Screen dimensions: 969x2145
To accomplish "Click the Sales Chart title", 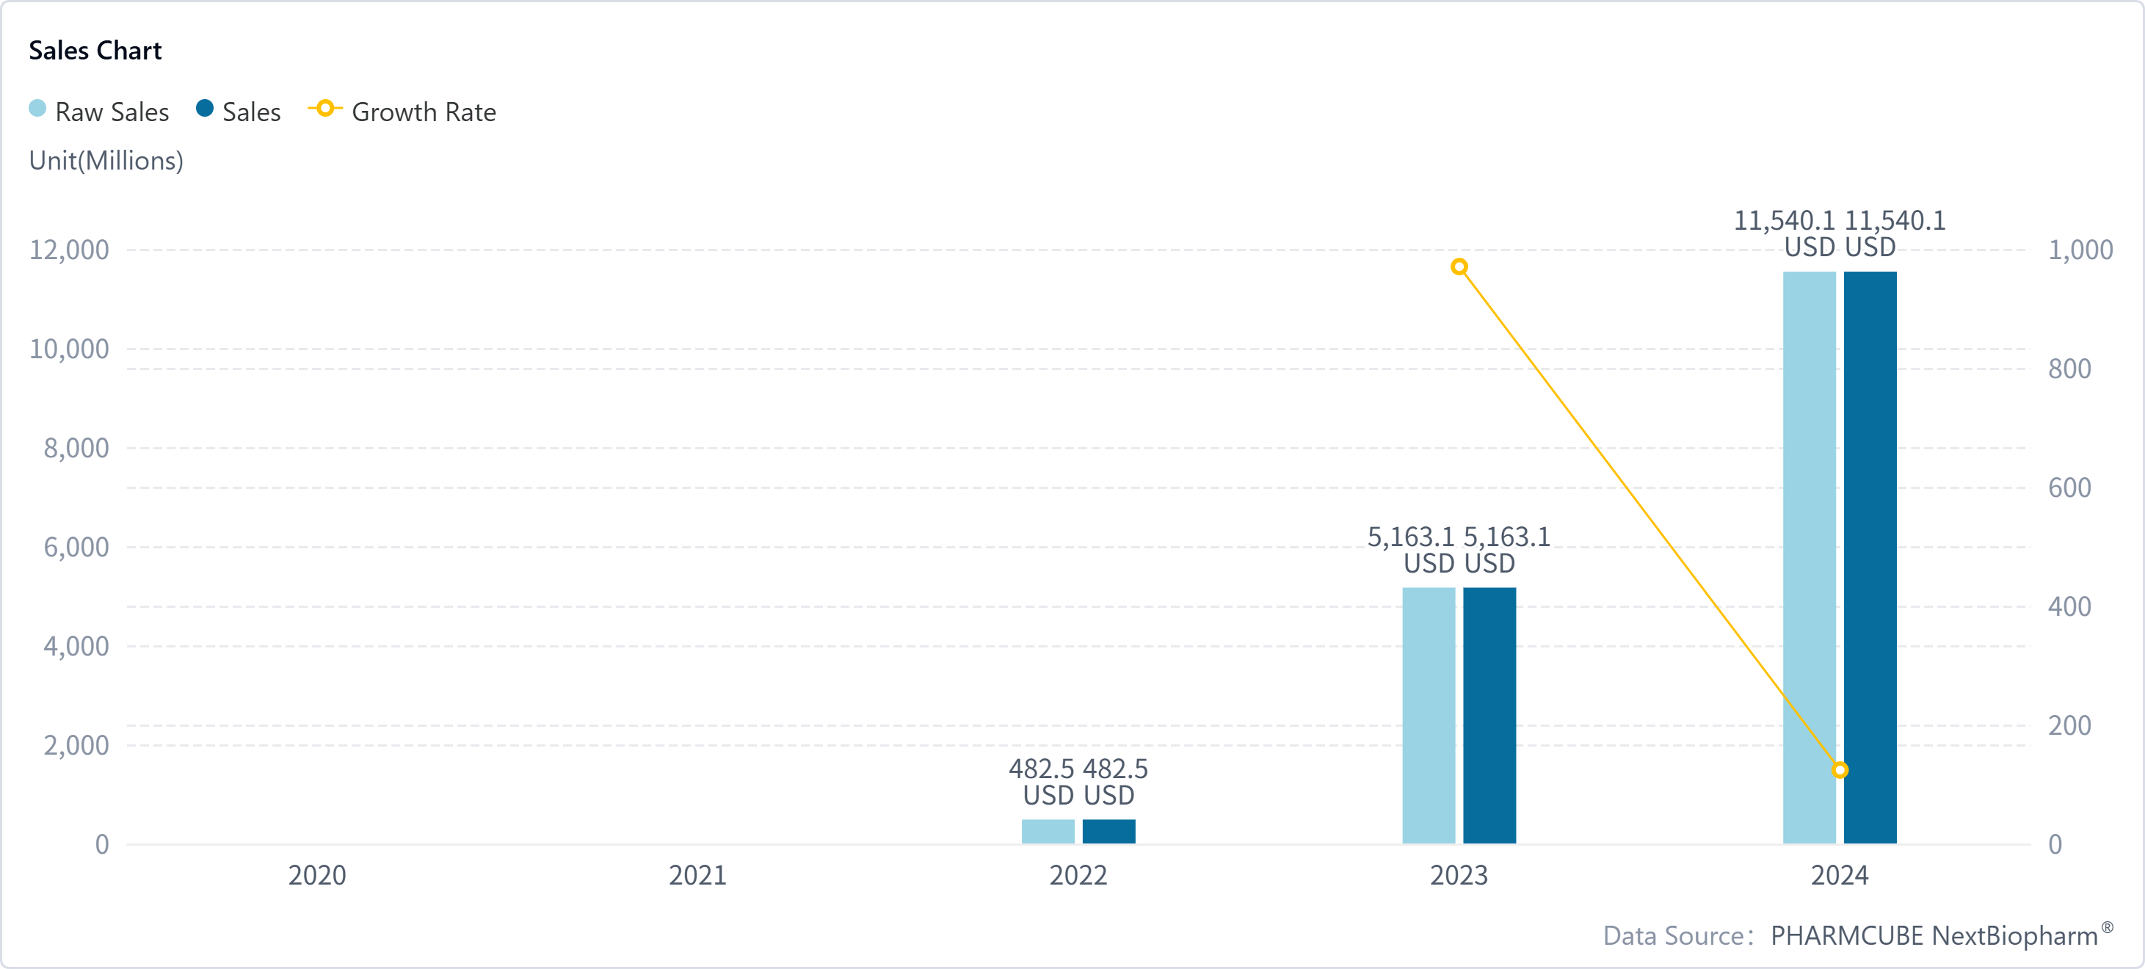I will (95, 51).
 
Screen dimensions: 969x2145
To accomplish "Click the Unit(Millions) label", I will (106, 160).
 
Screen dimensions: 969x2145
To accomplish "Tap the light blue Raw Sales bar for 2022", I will (1048, 831).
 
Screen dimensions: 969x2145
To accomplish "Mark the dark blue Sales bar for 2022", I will (1108, 831).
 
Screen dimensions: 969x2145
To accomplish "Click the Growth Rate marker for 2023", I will (1459, 267).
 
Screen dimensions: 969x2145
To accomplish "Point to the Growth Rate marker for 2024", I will (1840, 770).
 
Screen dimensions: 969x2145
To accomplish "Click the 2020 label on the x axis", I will (316, 875).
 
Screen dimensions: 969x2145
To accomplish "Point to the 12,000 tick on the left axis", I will (69, 250).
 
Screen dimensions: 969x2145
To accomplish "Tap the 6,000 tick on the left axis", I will (76, 547).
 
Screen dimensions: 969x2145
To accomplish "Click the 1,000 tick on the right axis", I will (2080, 250).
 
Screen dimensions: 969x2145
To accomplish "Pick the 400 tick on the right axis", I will (2069, 606).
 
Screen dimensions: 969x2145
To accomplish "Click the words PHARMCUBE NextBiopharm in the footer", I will (1934, 936).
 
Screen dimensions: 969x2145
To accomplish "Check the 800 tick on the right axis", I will (2069, 369).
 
